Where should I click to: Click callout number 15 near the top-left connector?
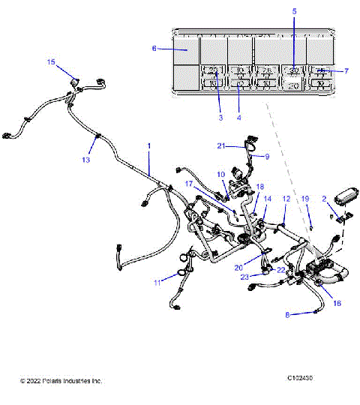tap(51, 61)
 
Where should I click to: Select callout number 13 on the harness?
tap(86, 160)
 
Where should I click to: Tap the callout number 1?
tap(148, 145)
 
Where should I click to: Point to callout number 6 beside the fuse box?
tap(154, 48)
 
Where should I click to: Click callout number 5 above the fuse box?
tap(294, 11)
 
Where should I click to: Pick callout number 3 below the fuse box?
tap(221, 118)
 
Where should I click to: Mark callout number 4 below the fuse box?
tap(239, 118)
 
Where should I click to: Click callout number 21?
tap(221, 145)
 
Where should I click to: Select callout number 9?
tap(266, 157)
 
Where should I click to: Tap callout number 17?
tap(190, 183)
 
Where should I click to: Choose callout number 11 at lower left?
tap(157, 282)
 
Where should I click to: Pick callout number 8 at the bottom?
tap(286, 316)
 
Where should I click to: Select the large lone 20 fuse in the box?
tap(294, 86)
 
